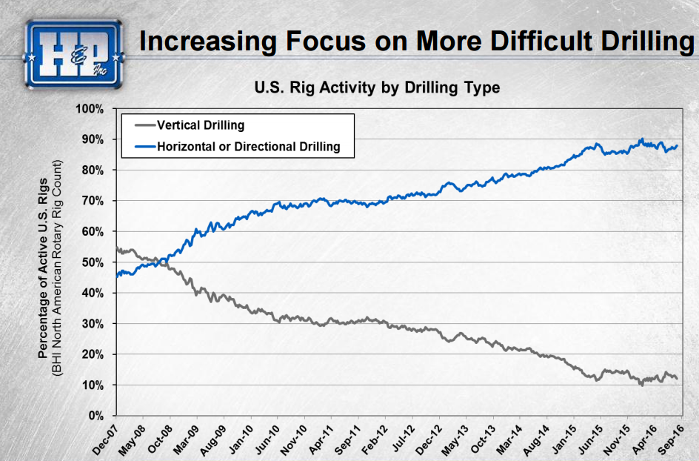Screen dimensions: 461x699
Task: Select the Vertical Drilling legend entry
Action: pos(200,125)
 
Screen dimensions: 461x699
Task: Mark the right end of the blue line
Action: pos(677,146)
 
